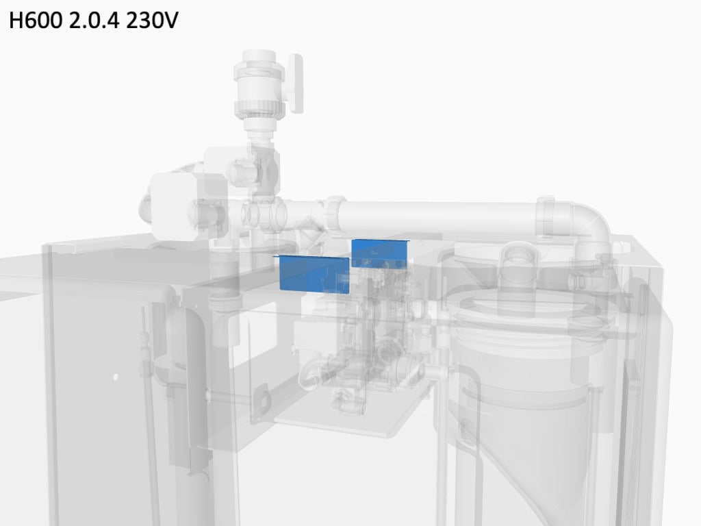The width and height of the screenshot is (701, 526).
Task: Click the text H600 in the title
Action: [x=36, y=20]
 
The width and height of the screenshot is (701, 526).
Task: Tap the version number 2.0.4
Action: [x=94, y=20]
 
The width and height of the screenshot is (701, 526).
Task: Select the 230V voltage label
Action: [x=152, y=20]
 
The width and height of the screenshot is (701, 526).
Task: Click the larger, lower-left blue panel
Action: [x=314, y=274]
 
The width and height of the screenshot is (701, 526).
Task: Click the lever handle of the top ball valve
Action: [x=294, y=83]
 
